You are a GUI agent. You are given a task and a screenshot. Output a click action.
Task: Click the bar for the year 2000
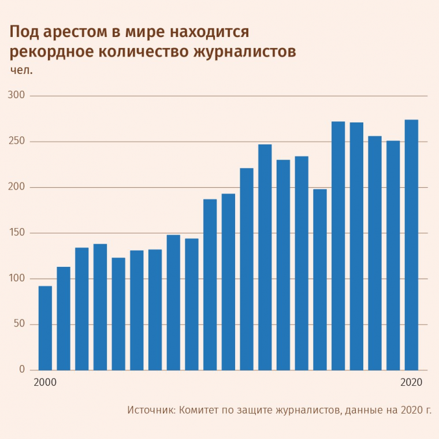[45, 328]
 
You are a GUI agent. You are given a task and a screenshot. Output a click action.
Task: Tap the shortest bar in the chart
[45, 328]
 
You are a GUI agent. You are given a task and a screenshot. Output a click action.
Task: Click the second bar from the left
[64, 318]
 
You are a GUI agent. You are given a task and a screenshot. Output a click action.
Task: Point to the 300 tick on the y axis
[20, 95]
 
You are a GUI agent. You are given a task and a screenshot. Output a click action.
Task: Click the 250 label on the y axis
[20, 142]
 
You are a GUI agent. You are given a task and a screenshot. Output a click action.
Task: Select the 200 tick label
[20, 187]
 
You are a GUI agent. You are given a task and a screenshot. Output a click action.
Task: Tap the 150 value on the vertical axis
[20, 233]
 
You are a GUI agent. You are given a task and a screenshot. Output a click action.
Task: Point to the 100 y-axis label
[20, 278]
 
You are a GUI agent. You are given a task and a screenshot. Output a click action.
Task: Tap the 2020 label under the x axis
[412, 382]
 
